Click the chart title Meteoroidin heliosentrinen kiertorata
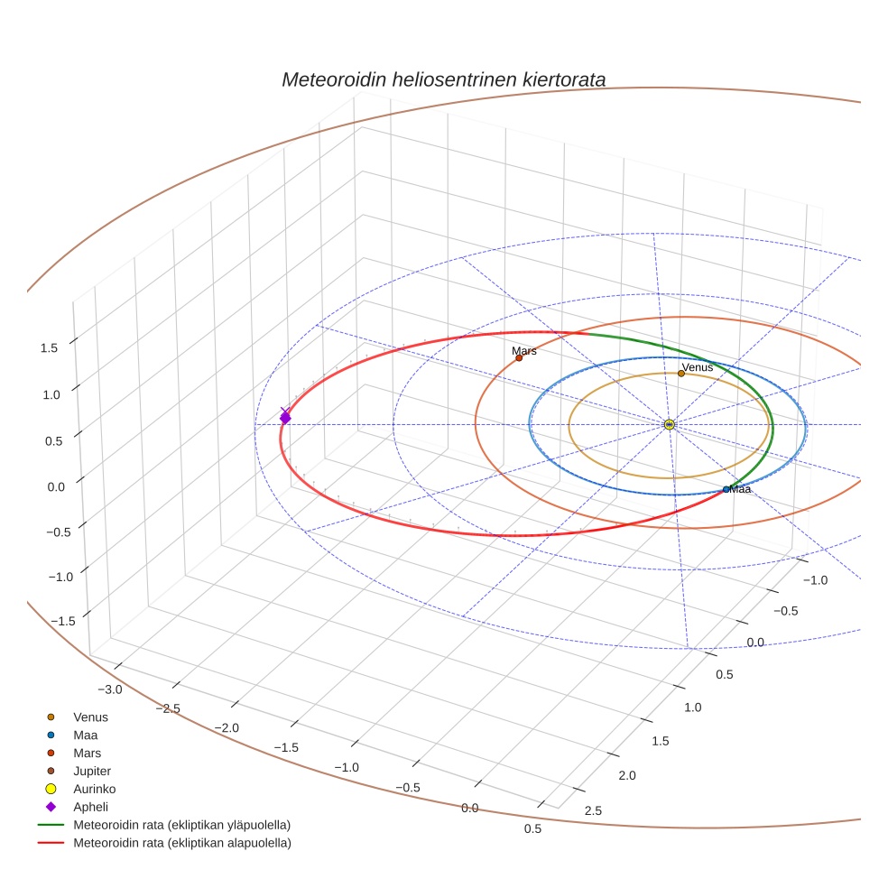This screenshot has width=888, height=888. pos(443,79)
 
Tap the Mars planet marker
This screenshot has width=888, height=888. pos(519,358)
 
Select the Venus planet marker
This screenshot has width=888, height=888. pos(681,373)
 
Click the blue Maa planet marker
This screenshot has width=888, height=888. pos(726,489)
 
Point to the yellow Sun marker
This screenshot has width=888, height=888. pos(670,424)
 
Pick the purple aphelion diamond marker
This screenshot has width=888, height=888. pos(285,418)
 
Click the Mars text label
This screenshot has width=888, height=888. pos(524,350)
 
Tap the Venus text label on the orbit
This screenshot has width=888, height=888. pos(698,367)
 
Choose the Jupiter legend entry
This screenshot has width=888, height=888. pos(91,771)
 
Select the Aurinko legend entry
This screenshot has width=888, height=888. pos(94,789)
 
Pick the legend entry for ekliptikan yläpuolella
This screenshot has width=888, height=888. pos(181,825)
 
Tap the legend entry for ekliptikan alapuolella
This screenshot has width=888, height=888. pos(181,843)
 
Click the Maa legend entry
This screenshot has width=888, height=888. pos(85,735)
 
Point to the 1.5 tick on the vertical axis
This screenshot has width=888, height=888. pos(51,347)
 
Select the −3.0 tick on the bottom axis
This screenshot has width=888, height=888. pos(111,689)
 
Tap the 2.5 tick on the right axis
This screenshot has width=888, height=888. pos(593,810)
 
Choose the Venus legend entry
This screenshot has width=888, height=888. pos(90,717)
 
